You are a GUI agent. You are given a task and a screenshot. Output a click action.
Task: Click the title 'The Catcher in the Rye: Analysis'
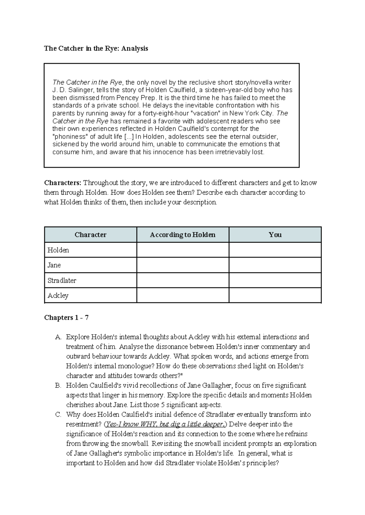tap(96, 49)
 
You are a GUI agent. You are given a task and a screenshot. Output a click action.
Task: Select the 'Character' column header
tap(90, 235)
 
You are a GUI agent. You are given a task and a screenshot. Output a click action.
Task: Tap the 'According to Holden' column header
tap(182, 235)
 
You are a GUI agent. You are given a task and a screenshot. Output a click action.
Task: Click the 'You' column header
tap(275, 235)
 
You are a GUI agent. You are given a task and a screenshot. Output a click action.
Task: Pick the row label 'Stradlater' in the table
tap(62, 280)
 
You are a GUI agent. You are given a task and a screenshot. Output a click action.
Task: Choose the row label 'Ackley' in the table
tap(58, 295)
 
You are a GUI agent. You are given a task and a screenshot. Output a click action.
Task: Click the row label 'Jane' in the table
tap(54, 265)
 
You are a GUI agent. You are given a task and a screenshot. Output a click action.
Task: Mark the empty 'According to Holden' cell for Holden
tap(182, 250)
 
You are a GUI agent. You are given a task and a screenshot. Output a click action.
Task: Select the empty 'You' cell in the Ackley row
tap(275, 295)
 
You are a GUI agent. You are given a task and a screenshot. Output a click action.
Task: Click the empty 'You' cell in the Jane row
tap(275, 265)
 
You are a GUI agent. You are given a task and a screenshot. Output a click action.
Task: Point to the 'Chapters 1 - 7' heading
tap(66, 318)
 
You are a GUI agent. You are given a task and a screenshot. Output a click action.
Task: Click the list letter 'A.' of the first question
tap(58, 337)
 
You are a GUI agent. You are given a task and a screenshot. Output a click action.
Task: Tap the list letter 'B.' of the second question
tap(58, 386)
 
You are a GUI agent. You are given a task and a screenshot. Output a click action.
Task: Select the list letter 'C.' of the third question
tap(58, 415)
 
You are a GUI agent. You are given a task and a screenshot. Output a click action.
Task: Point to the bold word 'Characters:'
tap(63, 183)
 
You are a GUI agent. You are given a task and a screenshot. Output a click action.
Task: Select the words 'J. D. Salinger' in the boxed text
tap(72, 90)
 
